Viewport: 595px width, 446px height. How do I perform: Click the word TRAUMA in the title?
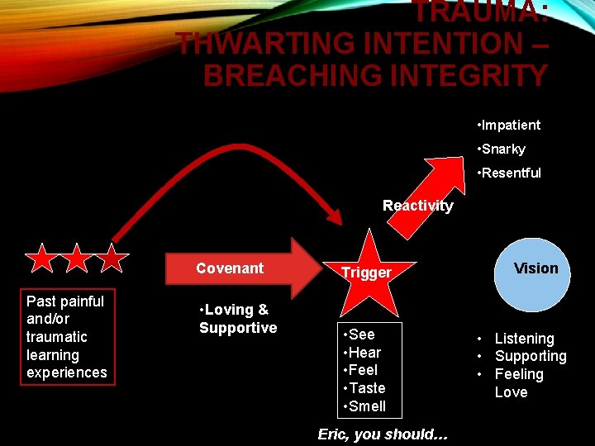(480, 12)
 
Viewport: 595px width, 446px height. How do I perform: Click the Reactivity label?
(417, 206)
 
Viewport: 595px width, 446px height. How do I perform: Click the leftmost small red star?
(41, 259)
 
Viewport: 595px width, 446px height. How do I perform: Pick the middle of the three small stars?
(77, 259)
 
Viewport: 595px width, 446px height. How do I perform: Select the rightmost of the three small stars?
(112, 259)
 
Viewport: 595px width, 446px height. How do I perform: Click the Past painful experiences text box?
(66, 337)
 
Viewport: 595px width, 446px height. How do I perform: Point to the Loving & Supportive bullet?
(238, 319)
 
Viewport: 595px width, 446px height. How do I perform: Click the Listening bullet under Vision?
(524, 339)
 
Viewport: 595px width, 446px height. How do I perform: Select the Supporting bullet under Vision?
(530, 357)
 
